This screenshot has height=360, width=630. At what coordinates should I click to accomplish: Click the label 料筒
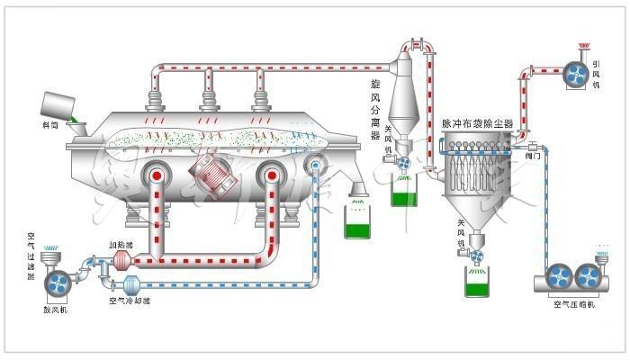click(49, 125)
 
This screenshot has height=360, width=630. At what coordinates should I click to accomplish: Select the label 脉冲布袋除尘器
click(477, 123)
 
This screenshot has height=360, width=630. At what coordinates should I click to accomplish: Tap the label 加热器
click(121, 244)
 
